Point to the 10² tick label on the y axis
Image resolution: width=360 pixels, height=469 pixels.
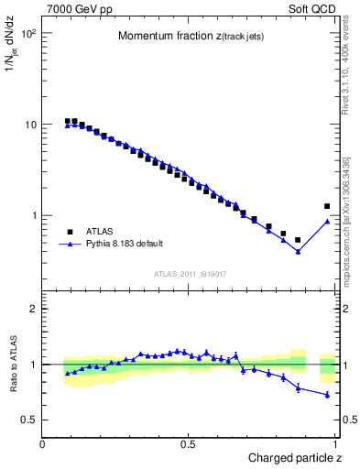(x=28, y=34)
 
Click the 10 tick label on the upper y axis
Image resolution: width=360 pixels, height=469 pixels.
(x=31, y=125)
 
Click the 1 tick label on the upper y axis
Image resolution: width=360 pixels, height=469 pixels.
(x=35, y=216)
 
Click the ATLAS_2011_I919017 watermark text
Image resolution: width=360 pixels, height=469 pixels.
(x=190, y=273)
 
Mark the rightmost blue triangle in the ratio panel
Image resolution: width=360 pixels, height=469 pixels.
(x=327, y=395)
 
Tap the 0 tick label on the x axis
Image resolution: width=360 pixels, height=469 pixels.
(x=44, y=444)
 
